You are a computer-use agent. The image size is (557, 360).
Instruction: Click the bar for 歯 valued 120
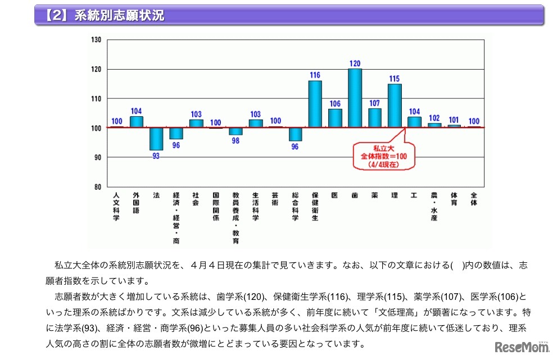[x=355, y=98]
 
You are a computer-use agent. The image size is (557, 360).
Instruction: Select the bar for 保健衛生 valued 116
[x=315, y=104]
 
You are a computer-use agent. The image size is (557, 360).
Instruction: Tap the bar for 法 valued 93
[x=156, y=139]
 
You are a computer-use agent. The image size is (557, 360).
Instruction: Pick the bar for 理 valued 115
[x=395, y=106]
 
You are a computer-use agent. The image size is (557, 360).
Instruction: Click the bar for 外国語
[x=136, y=122]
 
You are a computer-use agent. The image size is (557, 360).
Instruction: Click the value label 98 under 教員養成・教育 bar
[x=236, y=141]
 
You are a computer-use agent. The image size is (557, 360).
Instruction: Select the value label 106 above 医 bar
[x=335, y=103]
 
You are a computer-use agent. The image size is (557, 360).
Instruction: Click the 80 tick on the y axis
[x=97, y=186]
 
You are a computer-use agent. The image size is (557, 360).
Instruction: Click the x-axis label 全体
[x=474, y=199]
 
